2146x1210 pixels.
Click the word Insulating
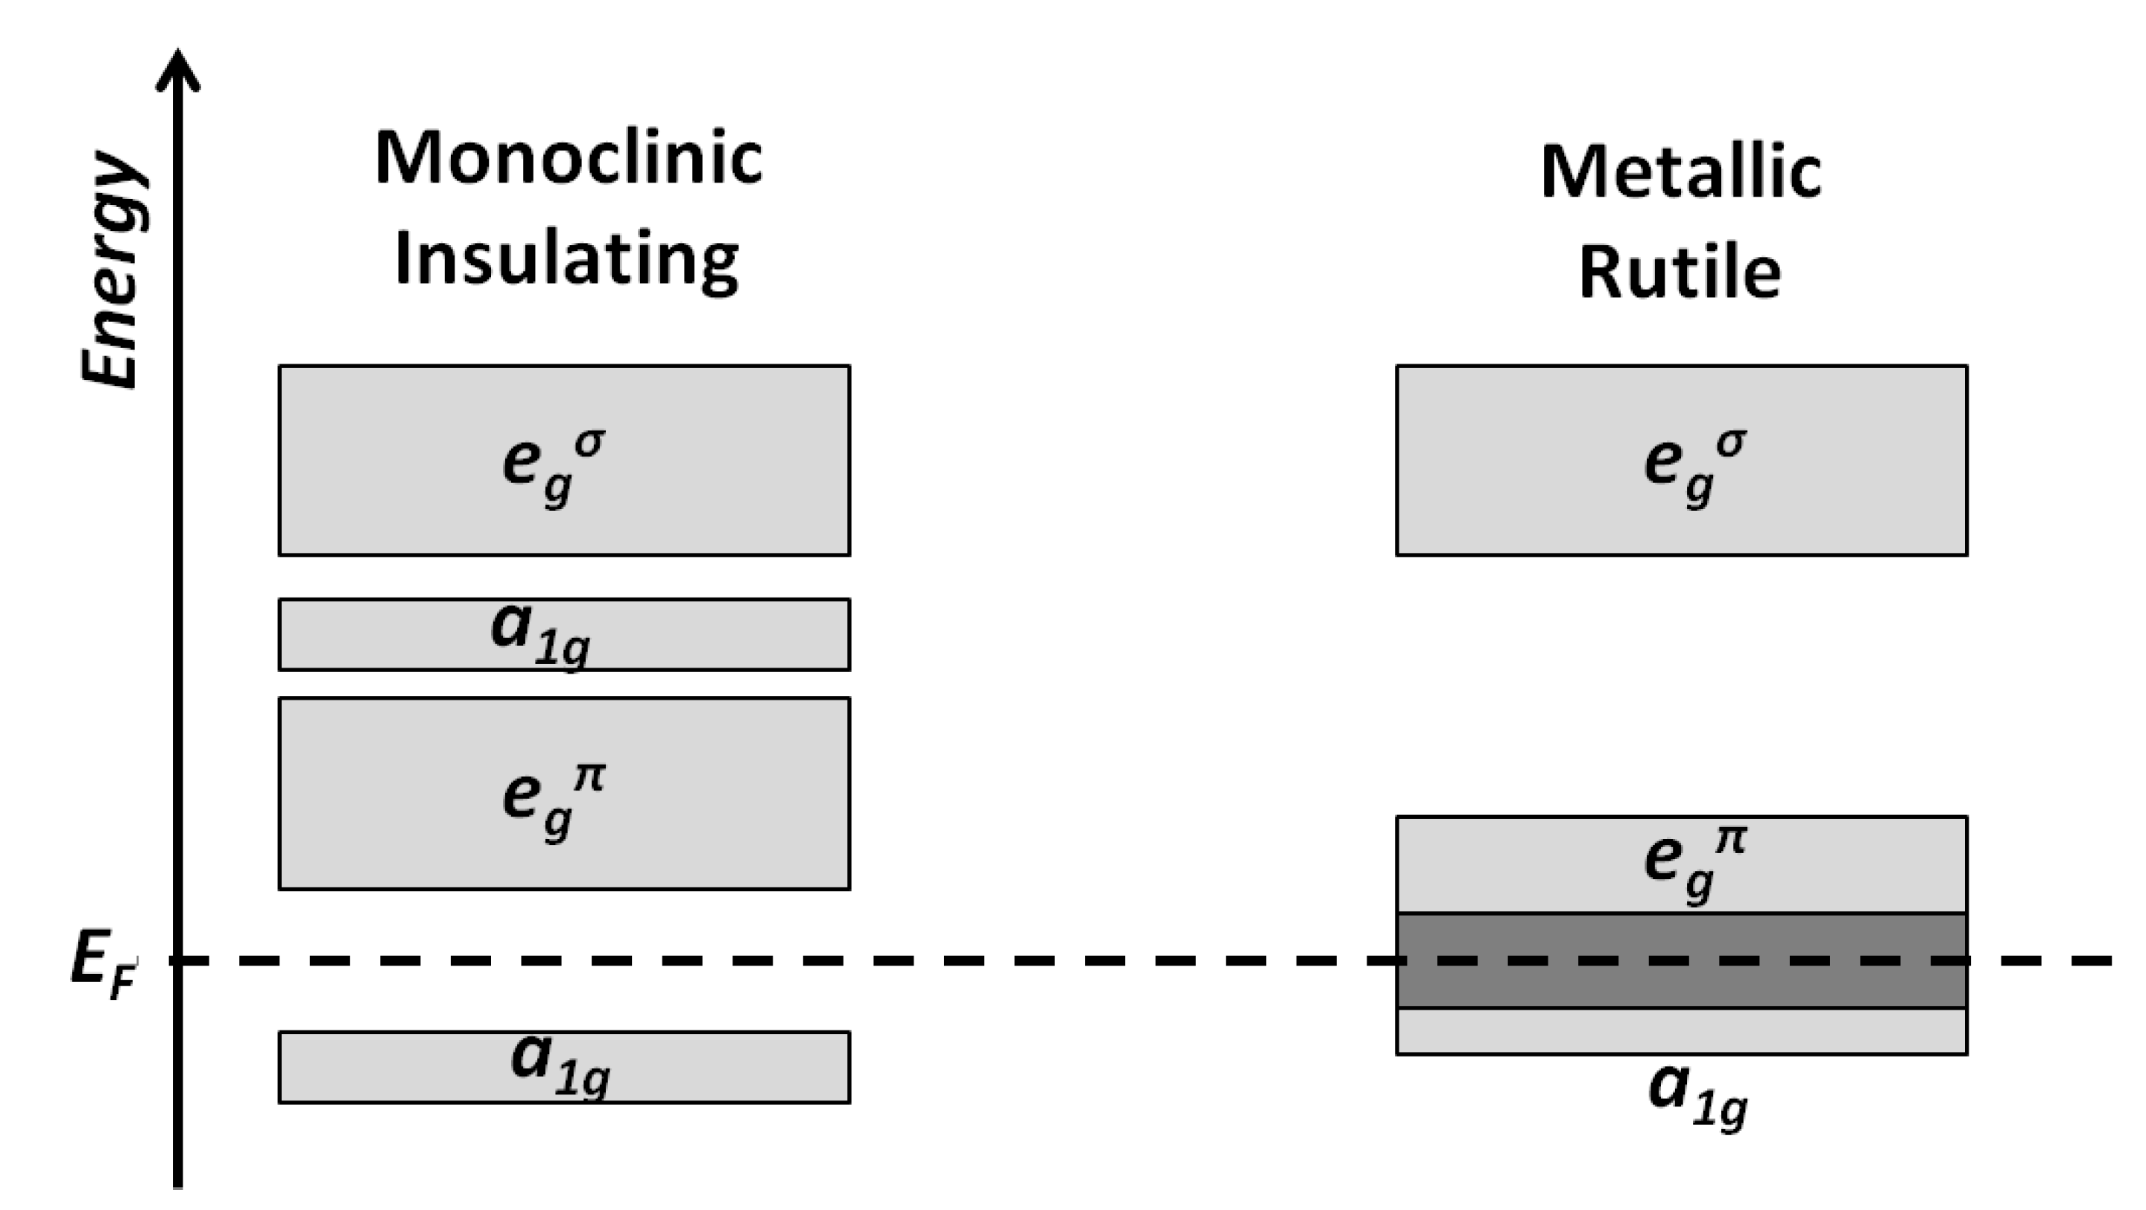(x=566, y=260)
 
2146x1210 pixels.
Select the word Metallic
(x=1680, y=172)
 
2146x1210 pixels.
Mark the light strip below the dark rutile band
(x=1681, y=1031)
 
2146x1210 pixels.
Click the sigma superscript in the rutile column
(x=1730, y=442)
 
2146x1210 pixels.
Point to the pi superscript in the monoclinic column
(x=590, y=777)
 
